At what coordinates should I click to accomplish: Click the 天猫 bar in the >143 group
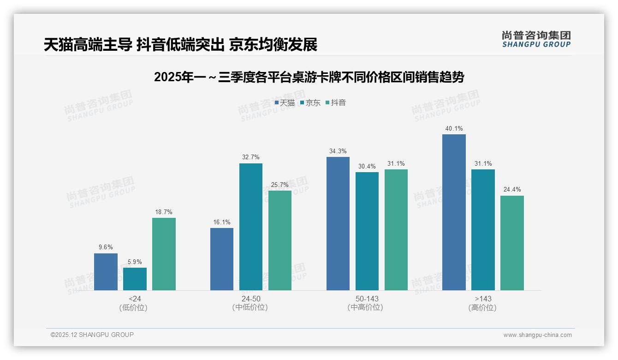pyautogui.click(x=454, y=212)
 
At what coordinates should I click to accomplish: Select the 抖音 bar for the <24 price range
pyautogui.click(x=164, y=254)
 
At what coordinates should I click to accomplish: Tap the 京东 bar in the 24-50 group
pyautogui.click(x=250, y=227)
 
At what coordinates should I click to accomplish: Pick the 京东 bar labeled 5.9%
pyautogui.click(x=135, y=279)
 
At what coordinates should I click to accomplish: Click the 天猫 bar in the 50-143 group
pyautogui.click(x=338, y=223)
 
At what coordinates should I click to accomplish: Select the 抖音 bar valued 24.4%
pyautogui.click(x=512, y=243)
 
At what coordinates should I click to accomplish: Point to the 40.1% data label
pyautogui.click(x=454, y=129)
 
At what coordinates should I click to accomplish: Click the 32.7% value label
pyautogui.click(x=250, y=157)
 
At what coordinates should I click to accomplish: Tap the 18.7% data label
pyautogui.click(x=164, y=212)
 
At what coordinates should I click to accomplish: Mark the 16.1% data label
pyautogui.click(x=222, y=222)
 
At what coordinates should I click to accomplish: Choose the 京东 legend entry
pyautogui.click(x=310, y=103)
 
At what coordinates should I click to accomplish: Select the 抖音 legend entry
pyautogui.click(x=336, y=103)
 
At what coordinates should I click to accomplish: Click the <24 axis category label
pyautogui.click(x=135, y=299)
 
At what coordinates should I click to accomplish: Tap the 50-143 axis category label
pyautogui.click(x=367, y=299)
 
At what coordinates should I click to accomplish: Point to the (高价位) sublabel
pyautogui.click(x=482, y=308)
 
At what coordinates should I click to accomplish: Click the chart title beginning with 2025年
pyautogui.click(x=309, y=77)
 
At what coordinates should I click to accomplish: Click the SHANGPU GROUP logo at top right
pyautogui.click(x=536, y=39)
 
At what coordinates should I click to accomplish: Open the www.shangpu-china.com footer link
pyautogui.click(x=537, y=335)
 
